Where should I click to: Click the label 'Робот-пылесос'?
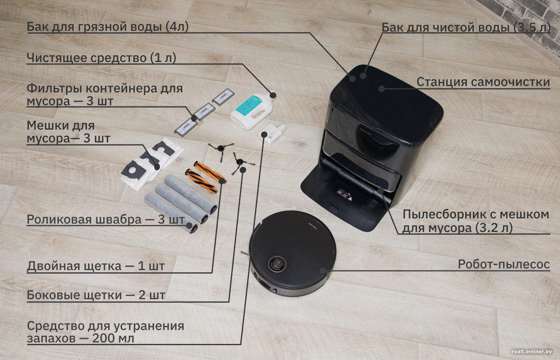pos(503,264)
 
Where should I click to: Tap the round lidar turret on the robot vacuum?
pos(277,264)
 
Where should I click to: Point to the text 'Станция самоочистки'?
pos(483,82)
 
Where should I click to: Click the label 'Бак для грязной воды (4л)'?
pos(107,27)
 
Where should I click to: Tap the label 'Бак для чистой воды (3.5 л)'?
pos(466,28)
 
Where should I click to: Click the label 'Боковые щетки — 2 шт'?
pos(96,295)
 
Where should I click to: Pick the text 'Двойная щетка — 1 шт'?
pos(96,266)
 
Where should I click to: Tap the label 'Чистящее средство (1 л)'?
pos(101,58)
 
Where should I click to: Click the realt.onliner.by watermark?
pos(531,352)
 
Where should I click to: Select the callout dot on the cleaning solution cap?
pos(273,95)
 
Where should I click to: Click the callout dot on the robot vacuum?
pos(322,271)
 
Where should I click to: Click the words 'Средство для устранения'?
pos(105,326)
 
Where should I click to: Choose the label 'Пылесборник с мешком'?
pos(475,214)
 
